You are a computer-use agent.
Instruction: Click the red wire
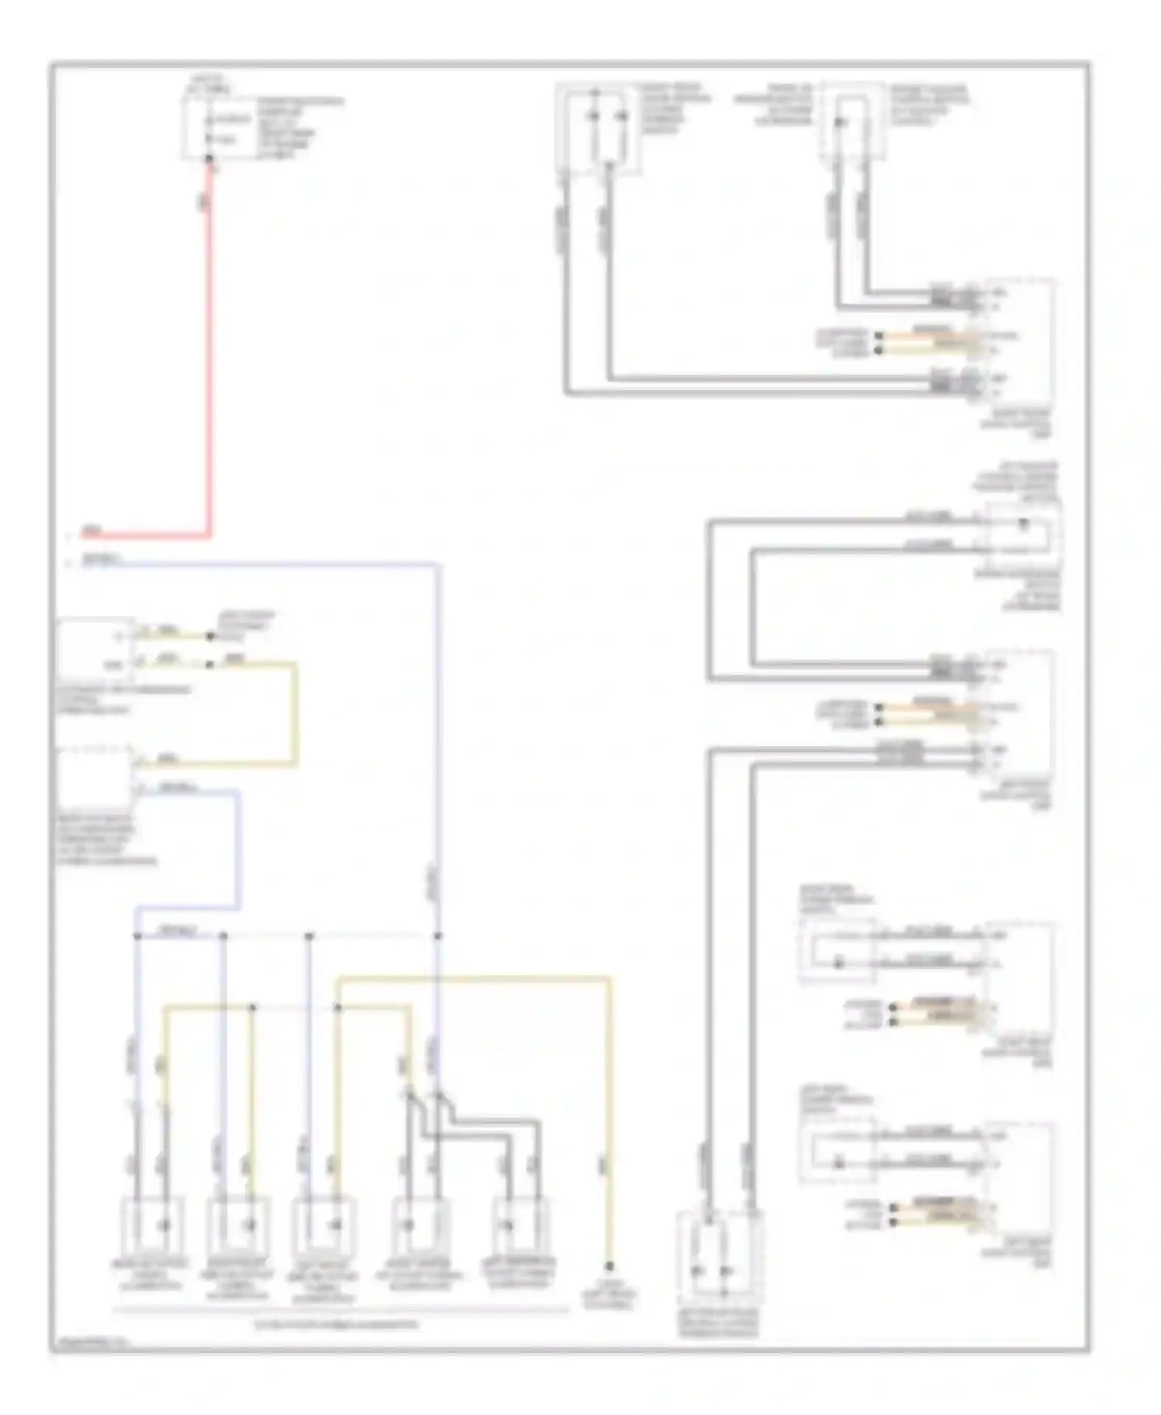click(208, 348)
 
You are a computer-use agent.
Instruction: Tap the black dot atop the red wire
click(209, 159)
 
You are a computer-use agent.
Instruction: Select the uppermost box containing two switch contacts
click(598, 128)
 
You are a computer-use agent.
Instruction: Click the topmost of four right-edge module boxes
click(1020, 341)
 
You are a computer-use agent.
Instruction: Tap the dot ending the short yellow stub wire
click(210, 637)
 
